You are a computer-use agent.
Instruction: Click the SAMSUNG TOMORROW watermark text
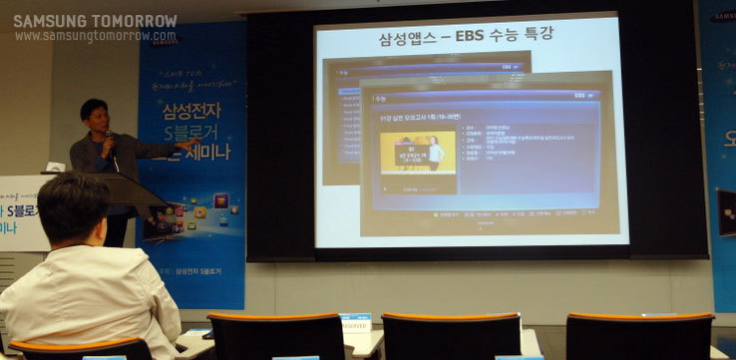pos(95,20)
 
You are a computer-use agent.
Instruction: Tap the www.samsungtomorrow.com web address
pos(95,36)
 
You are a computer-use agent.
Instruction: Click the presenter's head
pos(95,114)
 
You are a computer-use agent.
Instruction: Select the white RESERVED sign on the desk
pos(355,323)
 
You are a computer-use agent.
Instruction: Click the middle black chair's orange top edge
pos(451,317)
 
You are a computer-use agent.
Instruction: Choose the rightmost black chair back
pos(638,339)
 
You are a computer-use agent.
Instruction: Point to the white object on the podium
pos(56,168)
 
